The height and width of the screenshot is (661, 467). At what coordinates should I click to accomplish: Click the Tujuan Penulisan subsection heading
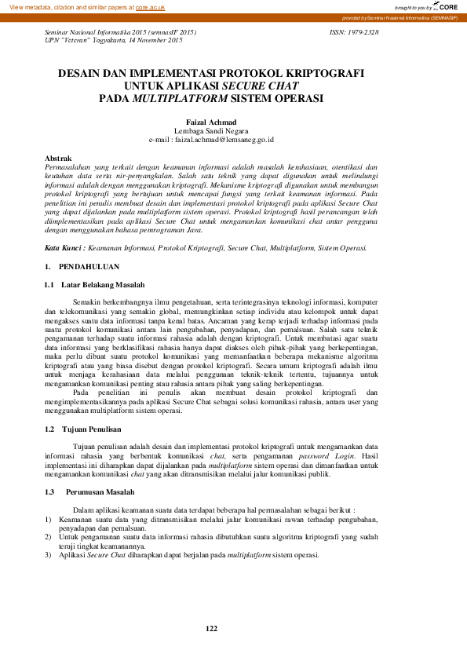pyautogui.click(x=92, y=429)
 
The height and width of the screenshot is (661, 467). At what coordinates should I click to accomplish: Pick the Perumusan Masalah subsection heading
pyautogui.click(x=99, y=491)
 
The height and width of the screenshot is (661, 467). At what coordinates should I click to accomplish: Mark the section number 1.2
pyautogui.click(x=49, y=429)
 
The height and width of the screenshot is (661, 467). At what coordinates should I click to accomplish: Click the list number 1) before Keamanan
pyautogui.click(x=48, y=519)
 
